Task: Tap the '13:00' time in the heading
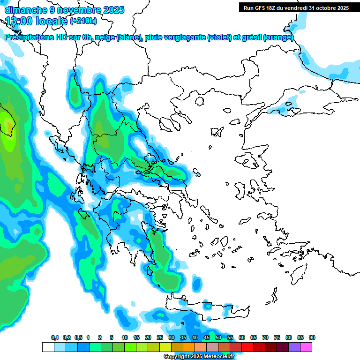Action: click(19, 21)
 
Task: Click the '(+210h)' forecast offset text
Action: click(83, 21)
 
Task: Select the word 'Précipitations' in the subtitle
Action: click(30, 37)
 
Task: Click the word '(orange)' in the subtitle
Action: click(278, 37)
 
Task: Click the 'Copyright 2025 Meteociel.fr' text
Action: click(199, 356)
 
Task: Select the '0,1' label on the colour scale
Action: click(54, 338)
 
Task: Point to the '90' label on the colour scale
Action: click(312, 338)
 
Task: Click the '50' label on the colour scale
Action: click(218, 338)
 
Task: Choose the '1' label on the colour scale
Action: click(88, 338)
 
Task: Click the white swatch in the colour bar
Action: click(48, 347)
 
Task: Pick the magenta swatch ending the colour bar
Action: click(306, 347)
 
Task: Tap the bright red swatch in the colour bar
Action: click(247, 347)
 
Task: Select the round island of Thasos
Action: click(200, 101)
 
